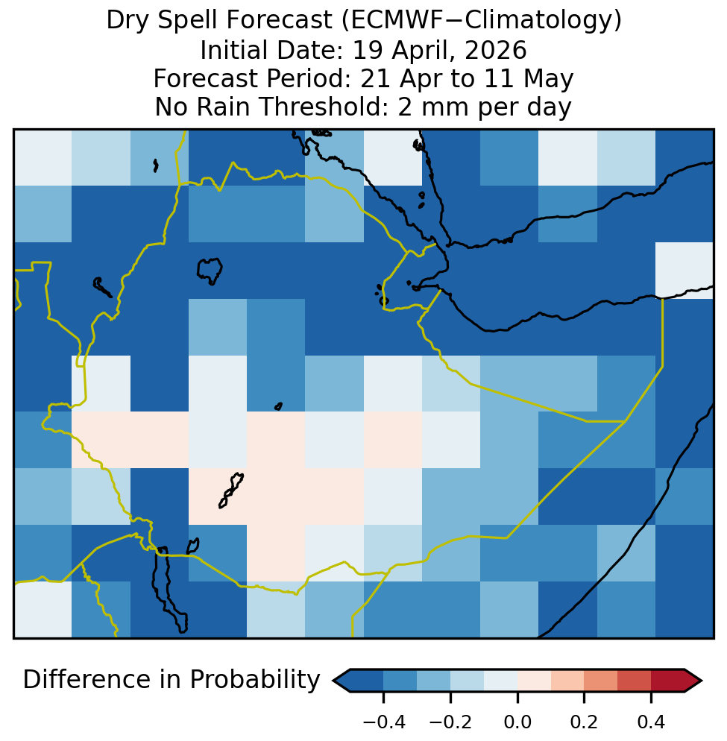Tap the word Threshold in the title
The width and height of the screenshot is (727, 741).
326,107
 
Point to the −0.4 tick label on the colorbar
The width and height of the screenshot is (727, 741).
383,722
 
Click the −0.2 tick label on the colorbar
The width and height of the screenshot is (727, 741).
450,722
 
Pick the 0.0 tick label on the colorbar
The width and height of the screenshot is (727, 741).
517,722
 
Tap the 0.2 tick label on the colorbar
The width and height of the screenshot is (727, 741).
585,722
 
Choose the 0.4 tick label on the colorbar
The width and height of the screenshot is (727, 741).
652,722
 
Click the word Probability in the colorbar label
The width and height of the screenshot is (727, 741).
255,680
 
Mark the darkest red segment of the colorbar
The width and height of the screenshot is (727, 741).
668,681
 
